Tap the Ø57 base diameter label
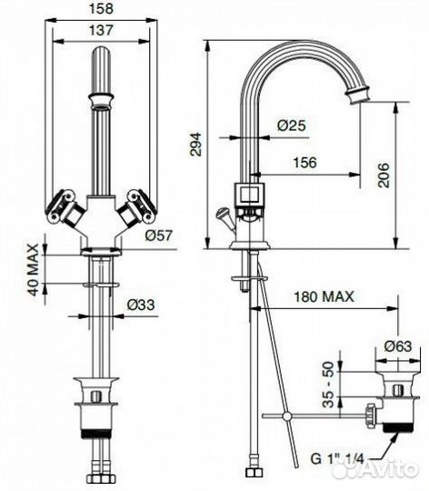156,236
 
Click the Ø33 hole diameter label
139,304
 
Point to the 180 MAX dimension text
324,297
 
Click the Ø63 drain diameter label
397,346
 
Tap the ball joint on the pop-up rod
287,416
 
